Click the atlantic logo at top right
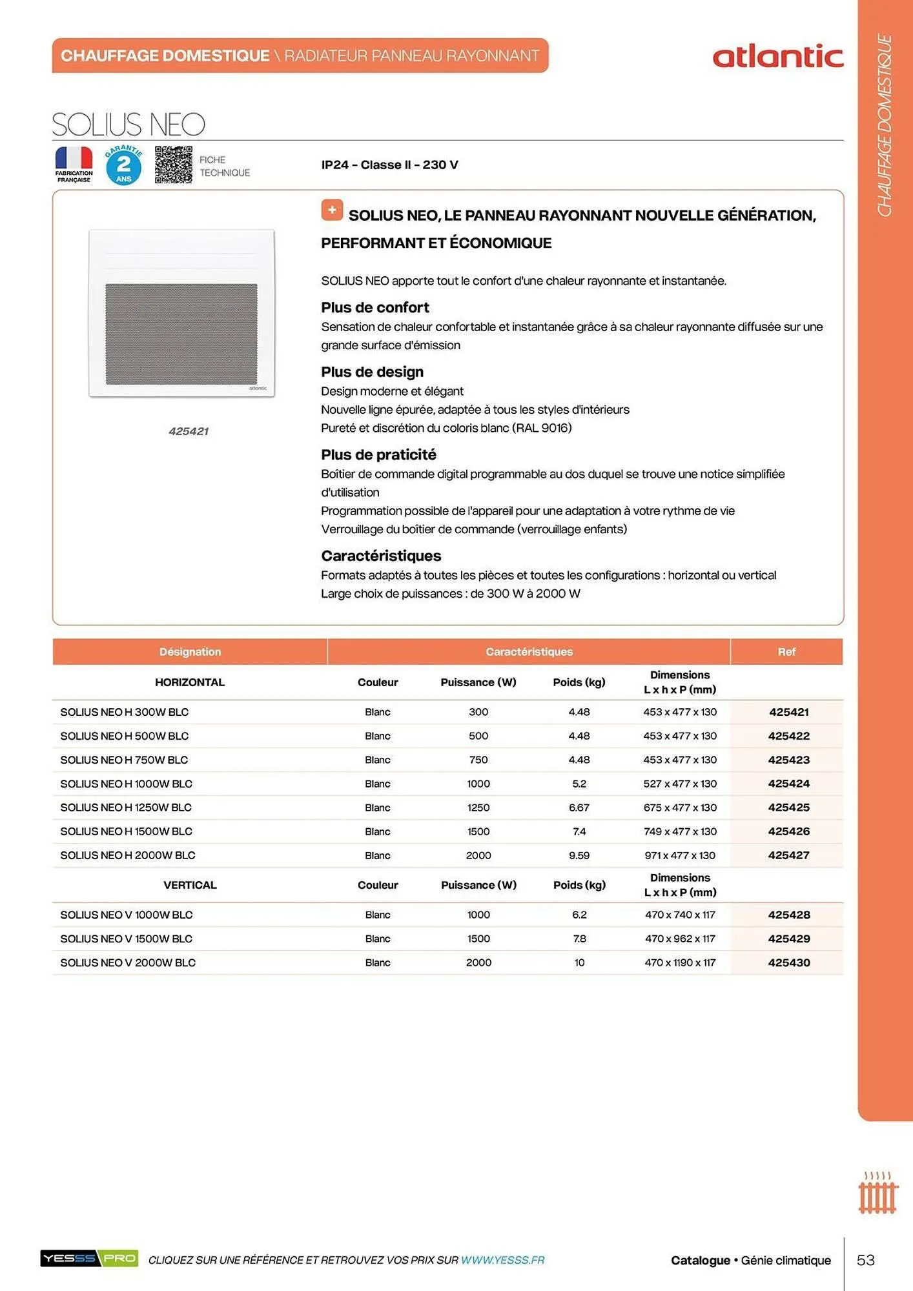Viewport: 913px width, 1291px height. pyautogui.click(x=777, y=57)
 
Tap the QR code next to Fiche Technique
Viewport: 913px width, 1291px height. pyautogui.click(x=173, y=165)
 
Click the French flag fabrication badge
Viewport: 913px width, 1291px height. pyautogui.click(x=74, y=165)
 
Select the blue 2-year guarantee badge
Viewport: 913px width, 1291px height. pyautogui.click(x=123, y=166)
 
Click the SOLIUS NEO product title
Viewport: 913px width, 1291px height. pyautogui.click(x=128, y=124)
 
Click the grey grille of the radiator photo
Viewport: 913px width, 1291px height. pyautogui.click(x=181, y=334)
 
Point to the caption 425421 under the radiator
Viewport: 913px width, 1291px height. pyautogui.click(x=188, y=431)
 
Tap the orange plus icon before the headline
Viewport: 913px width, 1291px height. pyautogui.click(x=332, y=210)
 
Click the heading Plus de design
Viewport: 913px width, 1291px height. pyautogui.click(x=372, y=372)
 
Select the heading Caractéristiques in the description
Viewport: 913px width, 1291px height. pyautogui.click(x=381, y=556)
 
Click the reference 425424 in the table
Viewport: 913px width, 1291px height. pyautogui.click(x=788, y=784)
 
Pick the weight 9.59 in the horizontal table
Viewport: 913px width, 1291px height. pyautogui.click(x=579, y=855)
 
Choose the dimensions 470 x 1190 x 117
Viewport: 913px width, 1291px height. pyautogui.click(x=680, y=962)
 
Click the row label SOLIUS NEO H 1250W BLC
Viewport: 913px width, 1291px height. pyautogui.click(x=126, y=808)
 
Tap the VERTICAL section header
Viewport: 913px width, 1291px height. pyautogui.click(x=190, y=885)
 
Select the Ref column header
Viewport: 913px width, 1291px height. pyautogui.click(x=786, y=652)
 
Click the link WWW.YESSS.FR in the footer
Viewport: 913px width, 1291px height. pyautogui.click(x=502, y=1260)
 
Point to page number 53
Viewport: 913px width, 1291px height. pyautogui.click(x=865, y=1260)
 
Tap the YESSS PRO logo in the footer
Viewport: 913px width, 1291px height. pyautogui.click(x=89, y=1258)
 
